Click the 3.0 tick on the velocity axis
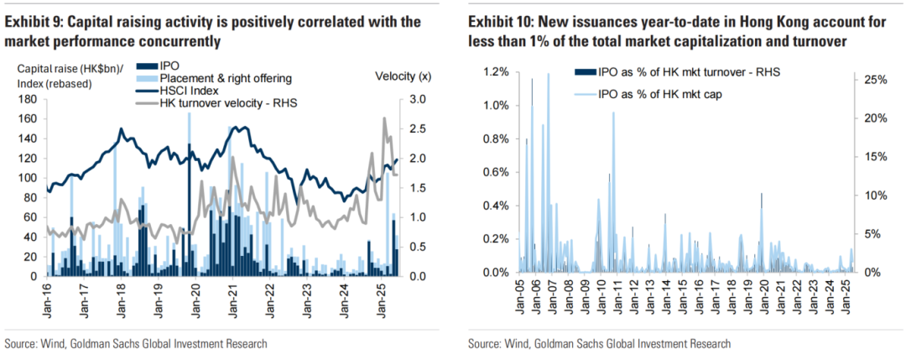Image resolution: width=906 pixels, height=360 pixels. click(418, 100)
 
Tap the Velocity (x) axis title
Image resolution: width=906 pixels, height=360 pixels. click(403, 77)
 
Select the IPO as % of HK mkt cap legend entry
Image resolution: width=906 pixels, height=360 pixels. click(656, 95)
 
